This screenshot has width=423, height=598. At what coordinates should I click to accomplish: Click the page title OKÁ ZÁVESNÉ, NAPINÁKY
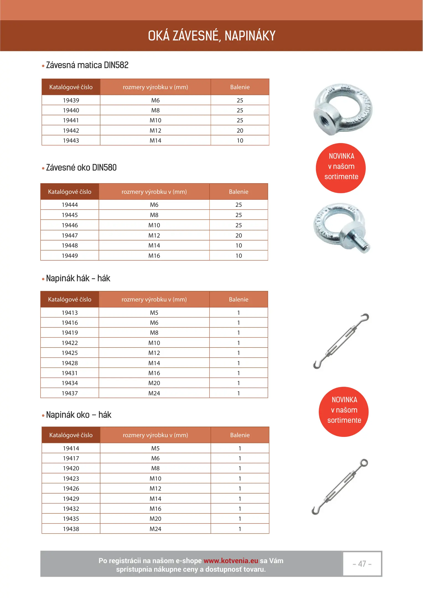[212, 36]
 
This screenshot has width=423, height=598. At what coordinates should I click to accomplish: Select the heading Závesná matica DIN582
[87, 65]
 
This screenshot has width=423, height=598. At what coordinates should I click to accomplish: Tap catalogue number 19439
[71, 100]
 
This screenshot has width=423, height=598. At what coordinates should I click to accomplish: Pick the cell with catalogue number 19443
[71, 140]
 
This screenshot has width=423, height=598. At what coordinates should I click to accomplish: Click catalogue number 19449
[70, 256]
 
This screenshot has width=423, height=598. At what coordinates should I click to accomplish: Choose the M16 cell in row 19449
[154, 256]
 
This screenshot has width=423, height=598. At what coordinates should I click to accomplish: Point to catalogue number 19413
[70, 313]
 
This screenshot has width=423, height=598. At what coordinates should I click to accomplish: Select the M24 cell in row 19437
[154, 393]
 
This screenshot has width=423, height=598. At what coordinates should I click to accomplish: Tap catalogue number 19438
[71, 529]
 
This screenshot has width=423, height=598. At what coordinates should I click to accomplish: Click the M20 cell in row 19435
[155, 519]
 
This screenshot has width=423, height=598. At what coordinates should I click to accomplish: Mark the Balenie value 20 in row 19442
[240, 130]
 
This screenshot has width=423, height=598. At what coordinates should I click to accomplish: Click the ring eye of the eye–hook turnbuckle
[364, 463]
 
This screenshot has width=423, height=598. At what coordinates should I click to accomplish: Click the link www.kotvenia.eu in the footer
[231, 561]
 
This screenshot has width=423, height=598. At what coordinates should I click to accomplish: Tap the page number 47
[362, 564]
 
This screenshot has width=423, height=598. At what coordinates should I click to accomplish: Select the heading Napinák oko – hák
[79, 415]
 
